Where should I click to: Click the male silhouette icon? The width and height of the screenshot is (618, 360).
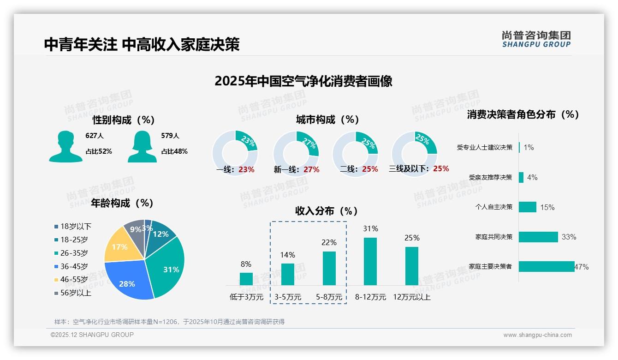(65, 146)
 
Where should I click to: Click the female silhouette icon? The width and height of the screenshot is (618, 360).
(142, 146)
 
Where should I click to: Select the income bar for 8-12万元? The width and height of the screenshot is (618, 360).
(370, 261)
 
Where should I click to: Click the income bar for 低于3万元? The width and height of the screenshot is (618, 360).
(246, 279)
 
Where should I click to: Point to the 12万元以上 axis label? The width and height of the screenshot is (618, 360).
(411, 297)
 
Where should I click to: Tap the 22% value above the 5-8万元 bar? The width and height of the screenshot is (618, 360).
(329, 242)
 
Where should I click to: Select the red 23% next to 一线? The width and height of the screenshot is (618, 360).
(246, 169)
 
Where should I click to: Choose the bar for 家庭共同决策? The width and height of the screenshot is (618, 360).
(538, 237)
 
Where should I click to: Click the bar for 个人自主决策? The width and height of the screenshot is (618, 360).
(528, 207)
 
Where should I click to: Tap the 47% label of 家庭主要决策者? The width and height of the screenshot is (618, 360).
(581, 267)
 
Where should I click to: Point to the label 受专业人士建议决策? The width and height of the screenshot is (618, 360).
(484, 147)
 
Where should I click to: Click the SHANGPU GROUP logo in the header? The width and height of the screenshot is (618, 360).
(536, 39)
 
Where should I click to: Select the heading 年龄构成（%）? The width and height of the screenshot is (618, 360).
(122, 203)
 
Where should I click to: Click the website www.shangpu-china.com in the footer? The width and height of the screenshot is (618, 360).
(537, 335)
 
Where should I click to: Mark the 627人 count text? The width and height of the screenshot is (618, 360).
(95, 136)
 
